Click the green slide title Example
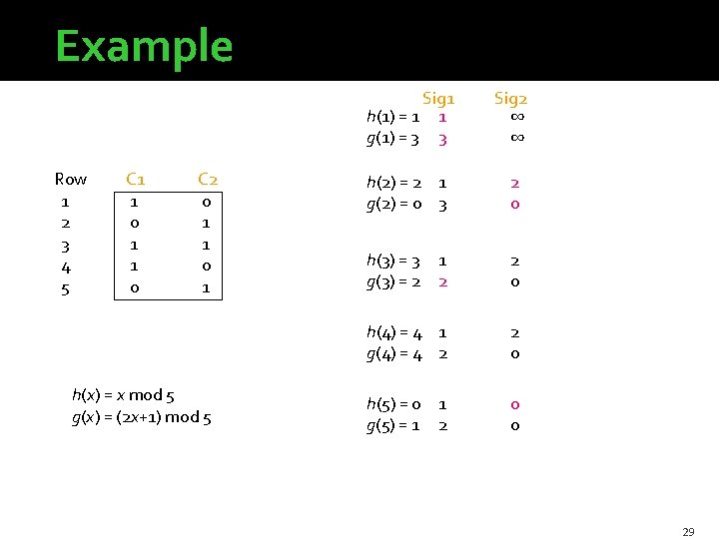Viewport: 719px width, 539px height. click(x=144, y=46)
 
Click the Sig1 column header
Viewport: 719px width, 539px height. click(x=438, y=98)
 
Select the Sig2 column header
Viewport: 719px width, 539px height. click(x=511, y=98)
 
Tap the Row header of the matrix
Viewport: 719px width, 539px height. click(x=71, y=180)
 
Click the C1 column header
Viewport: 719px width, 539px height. click(x=136, y=180)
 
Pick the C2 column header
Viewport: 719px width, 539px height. click(x=208, y=180)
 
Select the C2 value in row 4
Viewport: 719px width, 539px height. click(x=207, y=267)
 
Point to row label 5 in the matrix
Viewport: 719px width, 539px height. click(x=66, y=288)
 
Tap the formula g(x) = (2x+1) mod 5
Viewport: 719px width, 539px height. click(x=141, y=417)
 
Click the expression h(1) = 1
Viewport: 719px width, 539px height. click(x=391, y=119)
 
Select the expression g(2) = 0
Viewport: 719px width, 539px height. click(x=393, y=204)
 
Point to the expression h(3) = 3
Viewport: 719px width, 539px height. click(x=393, y=261)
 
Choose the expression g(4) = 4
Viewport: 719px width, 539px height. click(x=393, y=353)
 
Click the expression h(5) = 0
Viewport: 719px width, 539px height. click(x=393, y=404)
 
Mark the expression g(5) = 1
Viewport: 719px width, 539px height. click(x=393, y=425)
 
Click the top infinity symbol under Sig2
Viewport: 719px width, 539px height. click(x=515, y=118)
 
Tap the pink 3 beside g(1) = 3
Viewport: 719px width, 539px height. click(x=442, y=140)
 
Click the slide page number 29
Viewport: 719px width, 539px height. click(x=688, y=532)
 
